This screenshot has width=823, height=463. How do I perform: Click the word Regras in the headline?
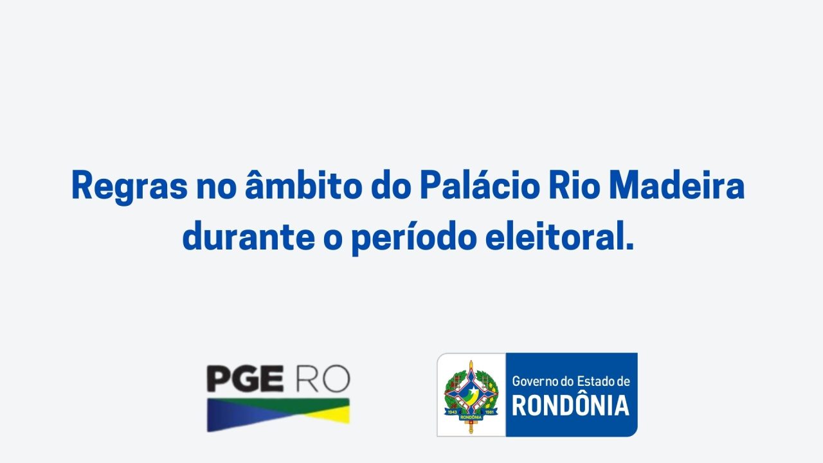tap(129, 186)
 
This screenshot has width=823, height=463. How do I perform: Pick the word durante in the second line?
tap(249, 235)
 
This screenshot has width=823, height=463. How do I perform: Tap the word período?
tap(414, 237)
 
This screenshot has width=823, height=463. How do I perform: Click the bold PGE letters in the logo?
tap(245, 379)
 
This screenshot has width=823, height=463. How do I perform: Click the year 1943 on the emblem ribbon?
tap(452, 412)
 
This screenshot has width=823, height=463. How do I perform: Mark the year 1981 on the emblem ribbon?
tap(490, 412)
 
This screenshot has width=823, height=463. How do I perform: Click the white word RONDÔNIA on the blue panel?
tap(570, 406)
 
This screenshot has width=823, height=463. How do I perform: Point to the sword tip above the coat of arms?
tap(471, 361)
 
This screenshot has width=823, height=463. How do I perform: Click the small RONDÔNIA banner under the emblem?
tap(471, 417)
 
